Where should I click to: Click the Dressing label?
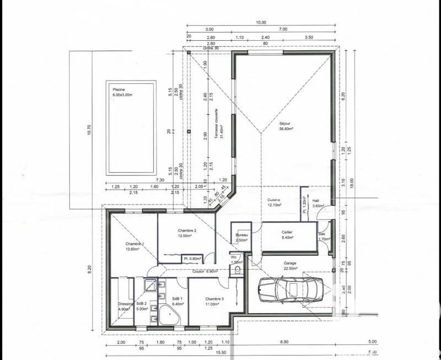click(x=126, y=307)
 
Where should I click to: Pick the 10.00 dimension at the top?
click(x=261, y=23)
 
